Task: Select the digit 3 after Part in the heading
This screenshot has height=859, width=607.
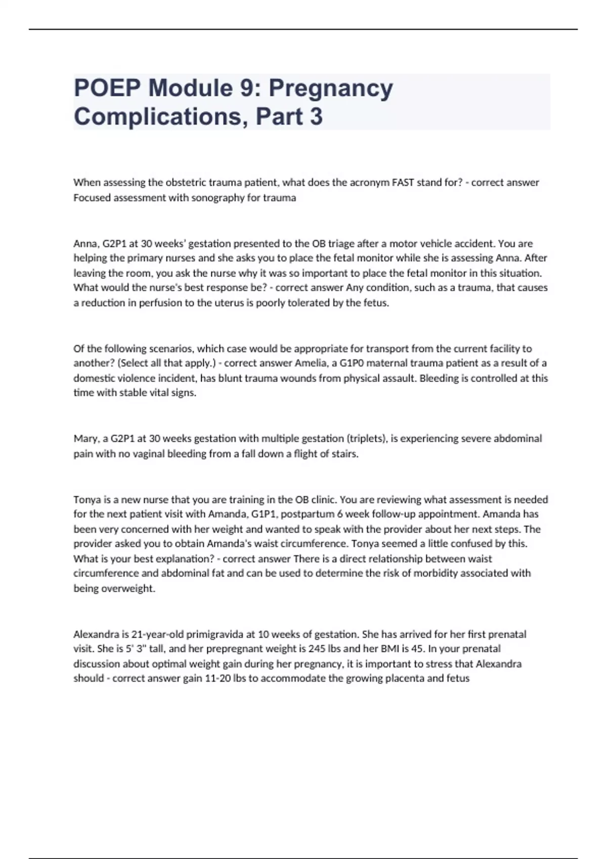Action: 316,116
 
